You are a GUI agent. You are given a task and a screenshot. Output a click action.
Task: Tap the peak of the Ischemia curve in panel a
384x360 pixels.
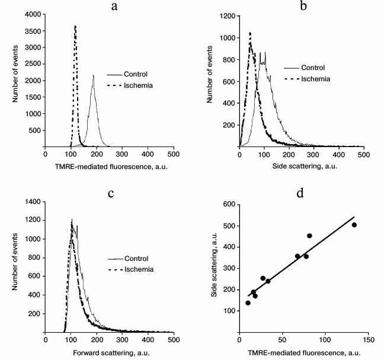pyautogui.click(x=75, y=26)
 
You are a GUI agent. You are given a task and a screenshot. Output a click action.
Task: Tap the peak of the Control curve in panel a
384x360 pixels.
pyautogui.click(x=93, y=75)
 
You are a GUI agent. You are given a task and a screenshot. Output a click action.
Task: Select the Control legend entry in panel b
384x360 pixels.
pyautogui.click(x=313, y=67)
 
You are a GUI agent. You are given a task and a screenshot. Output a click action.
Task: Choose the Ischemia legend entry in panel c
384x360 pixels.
pyautogui.click(x=138, y=269)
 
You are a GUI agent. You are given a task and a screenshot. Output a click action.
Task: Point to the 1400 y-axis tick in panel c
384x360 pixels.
pyautogui.click(x=33, y=202)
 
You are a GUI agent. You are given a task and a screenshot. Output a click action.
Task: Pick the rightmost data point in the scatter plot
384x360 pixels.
pyautogui.click(x=354, y=225)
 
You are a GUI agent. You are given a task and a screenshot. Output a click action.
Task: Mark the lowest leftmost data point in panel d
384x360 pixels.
pyautogui.click(x=248, y=302)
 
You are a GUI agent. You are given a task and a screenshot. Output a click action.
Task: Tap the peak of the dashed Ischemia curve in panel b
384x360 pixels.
pyautogui.click(x=250, y=33)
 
